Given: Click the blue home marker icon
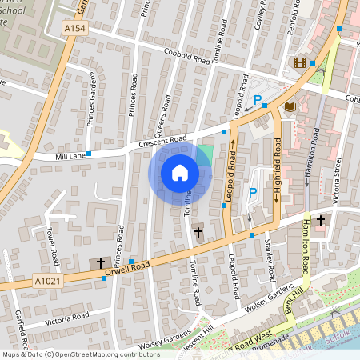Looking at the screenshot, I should (180, 172).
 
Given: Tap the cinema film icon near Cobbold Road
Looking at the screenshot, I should (300, 62).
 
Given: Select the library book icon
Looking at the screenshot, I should (290, 106).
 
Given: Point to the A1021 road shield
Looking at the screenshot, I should (47, 282).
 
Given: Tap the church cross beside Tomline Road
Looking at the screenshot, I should (198, 232).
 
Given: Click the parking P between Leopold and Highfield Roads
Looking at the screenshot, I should (252, 193).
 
